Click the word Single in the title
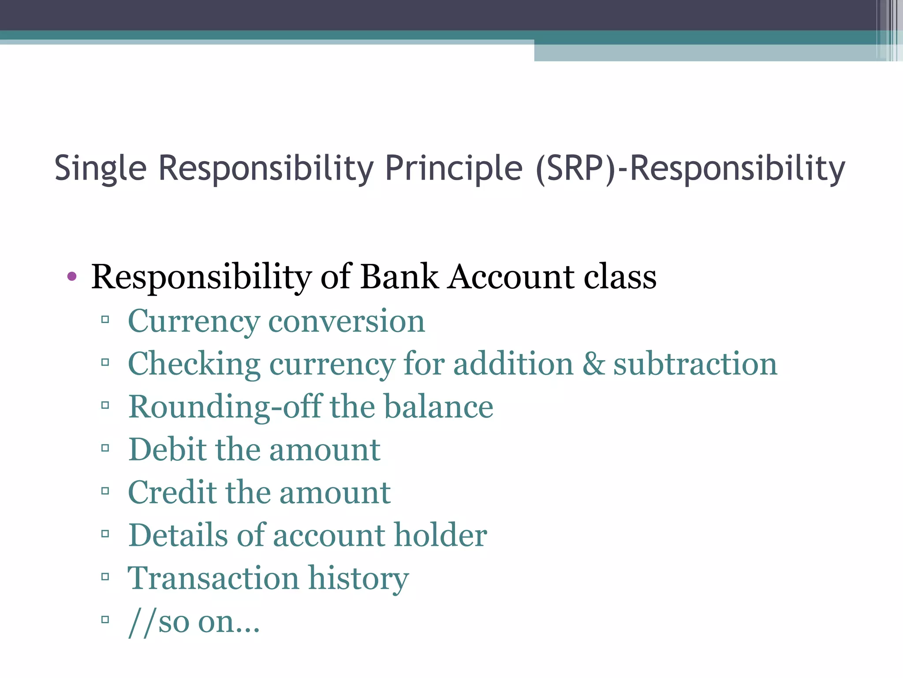click(x=100, y=169)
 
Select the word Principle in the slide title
click(x=454, y=169)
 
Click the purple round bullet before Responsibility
click(x=72, y=277)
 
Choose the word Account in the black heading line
click(x=511, y=277)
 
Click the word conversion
click(x=347, y=321)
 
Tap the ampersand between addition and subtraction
click(x=593, y=364)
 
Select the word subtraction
click(x=695, y=364)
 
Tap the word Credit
click(x=172, y=493)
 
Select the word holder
click(x=440, y=535)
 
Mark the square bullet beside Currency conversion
click(x=105, y=319)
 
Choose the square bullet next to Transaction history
click(x=105, y=576)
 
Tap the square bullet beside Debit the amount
click(x=105, y=448)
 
